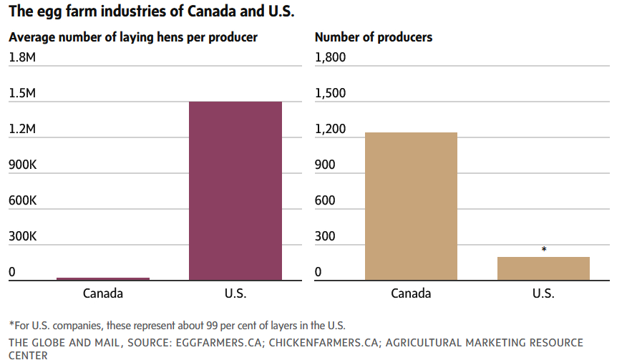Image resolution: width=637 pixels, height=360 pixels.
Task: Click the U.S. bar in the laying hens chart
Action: tap(235, 190)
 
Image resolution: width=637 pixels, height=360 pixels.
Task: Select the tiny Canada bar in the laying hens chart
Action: tap(103, 278)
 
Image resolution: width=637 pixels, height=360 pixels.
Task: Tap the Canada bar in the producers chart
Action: tap(411, 206)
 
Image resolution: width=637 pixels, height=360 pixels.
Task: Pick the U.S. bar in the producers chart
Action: tap(544, 268)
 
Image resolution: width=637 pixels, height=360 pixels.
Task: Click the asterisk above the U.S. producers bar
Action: tap(544, 250)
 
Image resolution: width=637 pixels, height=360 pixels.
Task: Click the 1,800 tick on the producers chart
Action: tap(331, 58)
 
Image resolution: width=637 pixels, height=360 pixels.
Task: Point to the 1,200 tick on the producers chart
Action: tap(331, 130)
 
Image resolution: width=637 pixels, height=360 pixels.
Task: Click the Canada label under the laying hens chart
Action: tap(103, 293)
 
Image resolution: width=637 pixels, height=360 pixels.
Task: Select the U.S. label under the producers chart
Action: tap(544, 293)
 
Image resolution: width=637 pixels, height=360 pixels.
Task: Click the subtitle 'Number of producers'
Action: tap(374, 37)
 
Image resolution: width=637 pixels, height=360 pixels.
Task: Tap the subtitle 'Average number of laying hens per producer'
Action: tap(133, 37)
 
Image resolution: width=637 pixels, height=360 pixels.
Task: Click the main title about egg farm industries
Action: tap(151, 12)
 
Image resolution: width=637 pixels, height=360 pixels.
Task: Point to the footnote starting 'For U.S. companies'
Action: tap(175, 326)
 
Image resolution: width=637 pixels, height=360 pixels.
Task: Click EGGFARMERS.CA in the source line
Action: tap(215, 343)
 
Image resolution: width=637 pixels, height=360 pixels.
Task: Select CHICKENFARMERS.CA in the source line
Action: tap(317, 343)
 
